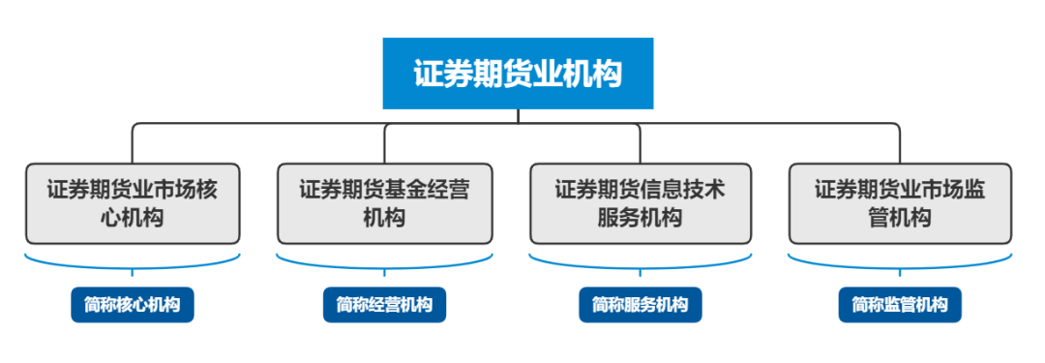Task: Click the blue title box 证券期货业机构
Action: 518,74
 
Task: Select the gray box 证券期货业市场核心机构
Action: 133,203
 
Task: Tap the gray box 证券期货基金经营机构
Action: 384,203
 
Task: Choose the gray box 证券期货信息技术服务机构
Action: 640,203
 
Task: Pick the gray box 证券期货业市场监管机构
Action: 899,203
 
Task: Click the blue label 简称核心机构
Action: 133,305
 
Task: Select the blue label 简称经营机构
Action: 384,305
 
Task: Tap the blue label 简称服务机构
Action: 640,305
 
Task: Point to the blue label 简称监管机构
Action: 900,305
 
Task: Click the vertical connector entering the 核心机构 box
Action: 133,145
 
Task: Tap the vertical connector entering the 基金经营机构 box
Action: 385,145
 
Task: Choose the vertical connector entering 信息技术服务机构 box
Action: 640,145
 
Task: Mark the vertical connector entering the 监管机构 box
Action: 900,145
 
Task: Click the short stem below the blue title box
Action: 519,116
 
